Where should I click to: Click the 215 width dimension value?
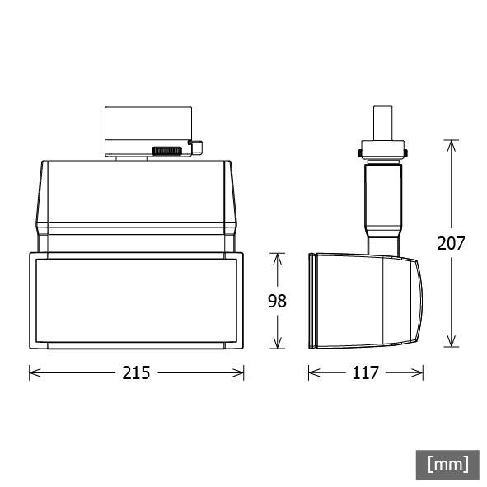137,372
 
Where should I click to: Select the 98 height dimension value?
277,301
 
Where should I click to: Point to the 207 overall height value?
451,243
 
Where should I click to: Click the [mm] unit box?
447,464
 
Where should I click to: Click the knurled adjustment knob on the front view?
167,151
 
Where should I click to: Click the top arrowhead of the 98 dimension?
277,258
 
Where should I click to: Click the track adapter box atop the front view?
148,128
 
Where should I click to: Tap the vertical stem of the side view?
382,202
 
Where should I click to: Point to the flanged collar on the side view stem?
383,152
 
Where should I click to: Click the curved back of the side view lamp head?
418,301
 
